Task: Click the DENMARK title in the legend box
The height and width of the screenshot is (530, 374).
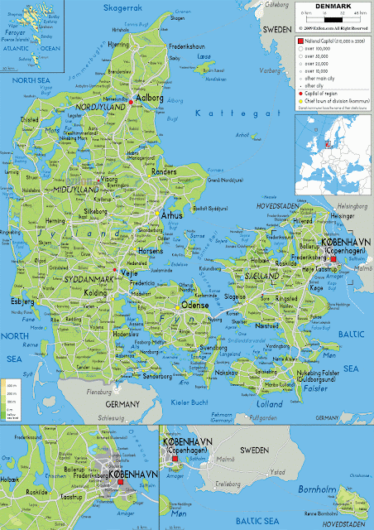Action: click(x=329, y=6)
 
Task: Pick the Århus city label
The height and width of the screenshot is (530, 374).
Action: click(x=173, y=214)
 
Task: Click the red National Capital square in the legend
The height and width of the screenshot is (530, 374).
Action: click(x=300, y=39)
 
